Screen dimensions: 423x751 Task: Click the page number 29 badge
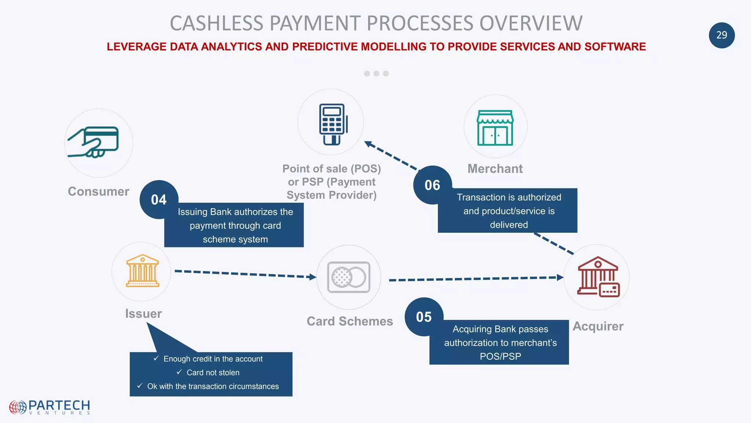[x=721, y=35]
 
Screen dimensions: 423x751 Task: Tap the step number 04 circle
[x=159, y=200]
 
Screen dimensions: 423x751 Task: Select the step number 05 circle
[x=424, y=317]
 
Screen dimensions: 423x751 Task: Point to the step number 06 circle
[x=432, y=185]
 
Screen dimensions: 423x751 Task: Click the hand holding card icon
[x=94, y=142]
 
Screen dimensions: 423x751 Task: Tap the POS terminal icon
[x=333, y=124]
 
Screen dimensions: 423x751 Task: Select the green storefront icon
[x=495, y=128]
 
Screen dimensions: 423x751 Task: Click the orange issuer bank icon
[x=142, y=271]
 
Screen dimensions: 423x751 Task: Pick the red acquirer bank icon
[x=598, y=277]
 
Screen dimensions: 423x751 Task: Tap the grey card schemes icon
[x=348, y=277]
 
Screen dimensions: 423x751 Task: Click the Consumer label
[x=98, y=192]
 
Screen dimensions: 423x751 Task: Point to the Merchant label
[x=495, y=169]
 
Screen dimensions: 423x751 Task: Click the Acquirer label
[x=598, y=326]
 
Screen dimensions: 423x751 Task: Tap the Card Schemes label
[x=349, y=321]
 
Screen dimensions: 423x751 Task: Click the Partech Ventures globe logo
[x=18, y=407]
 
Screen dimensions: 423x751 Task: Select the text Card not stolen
[x=213, y=373]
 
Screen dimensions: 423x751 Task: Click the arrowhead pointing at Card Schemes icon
[x=313, y=277]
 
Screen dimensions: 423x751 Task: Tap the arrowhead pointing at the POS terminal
[x=369, y=144]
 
